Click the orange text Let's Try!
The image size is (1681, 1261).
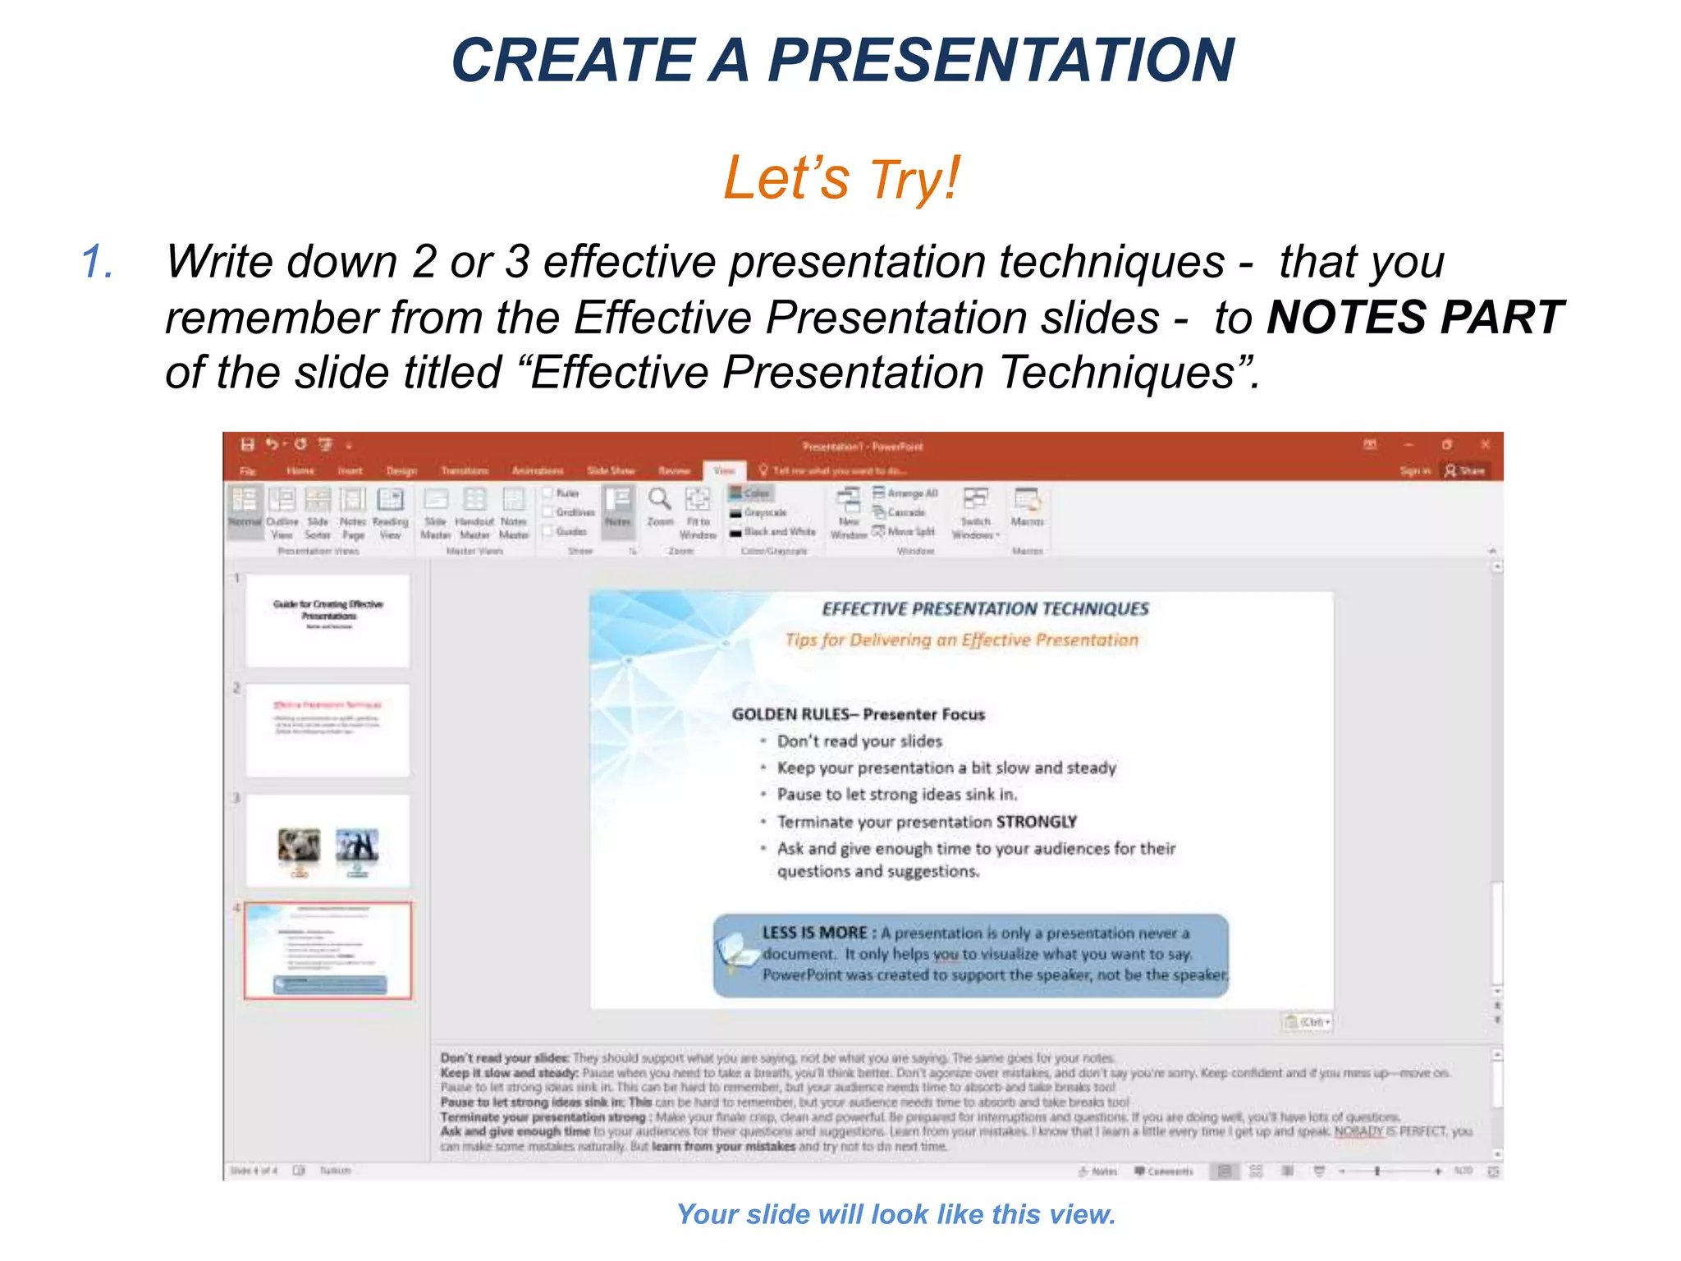click(840, 179)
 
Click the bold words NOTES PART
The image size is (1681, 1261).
click(1415, 318)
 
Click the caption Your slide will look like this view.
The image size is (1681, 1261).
click(895, 1213)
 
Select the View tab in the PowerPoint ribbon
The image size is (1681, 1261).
click(724, 470)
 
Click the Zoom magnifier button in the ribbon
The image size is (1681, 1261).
click(660, 505)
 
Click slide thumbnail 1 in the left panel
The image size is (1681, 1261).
click(327, 620)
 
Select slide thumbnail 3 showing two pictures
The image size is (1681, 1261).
click(327, 840)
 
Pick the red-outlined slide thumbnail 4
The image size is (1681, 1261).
click(327, 950)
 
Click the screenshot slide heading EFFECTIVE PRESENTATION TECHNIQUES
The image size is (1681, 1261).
click(985, 609)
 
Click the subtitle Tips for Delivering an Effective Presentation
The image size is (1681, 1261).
click(961, 640)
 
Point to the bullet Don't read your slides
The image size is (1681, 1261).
click(859, 741)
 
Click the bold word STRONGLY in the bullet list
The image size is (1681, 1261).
click(1036, 822)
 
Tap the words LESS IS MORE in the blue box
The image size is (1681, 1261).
click(814, 933)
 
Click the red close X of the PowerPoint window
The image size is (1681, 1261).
click(1485, 444)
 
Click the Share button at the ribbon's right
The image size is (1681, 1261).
click(1466, 470)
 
